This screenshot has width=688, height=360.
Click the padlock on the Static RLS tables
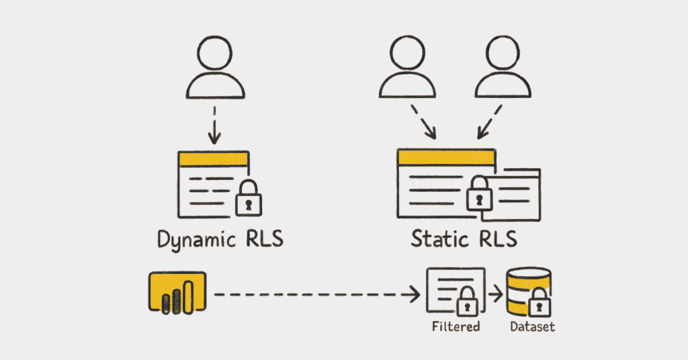pos(480,194)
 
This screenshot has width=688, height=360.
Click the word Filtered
pos(457,327)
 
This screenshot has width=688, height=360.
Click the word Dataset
pos(531,327)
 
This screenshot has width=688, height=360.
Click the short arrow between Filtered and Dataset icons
pos(496,294)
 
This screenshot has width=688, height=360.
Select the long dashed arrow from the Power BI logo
pos(316,294)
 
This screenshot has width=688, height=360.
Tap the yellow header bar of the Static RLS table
pos(446,157)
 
